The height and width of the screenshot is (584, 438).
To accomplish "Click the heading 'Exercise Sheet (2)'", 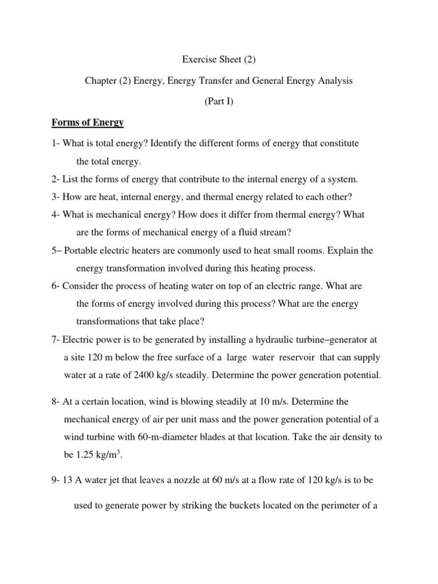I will click(x=218, y=59).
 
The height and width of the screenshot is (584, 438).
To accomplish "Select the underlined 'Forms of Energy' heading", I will click(x=88, y=123).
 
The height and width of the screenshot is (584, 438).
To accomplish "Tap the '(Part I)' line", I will click(x=218, y=102).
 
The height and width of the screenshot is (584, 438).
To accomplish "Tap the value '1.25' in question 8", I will click(x=84, y=455).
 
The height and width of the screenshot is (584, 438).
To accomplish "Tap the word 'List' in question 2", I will click(x=69, y=179).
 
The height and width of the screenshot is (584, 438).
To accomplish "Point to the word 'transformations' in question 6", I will click(x=106, y=321).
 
